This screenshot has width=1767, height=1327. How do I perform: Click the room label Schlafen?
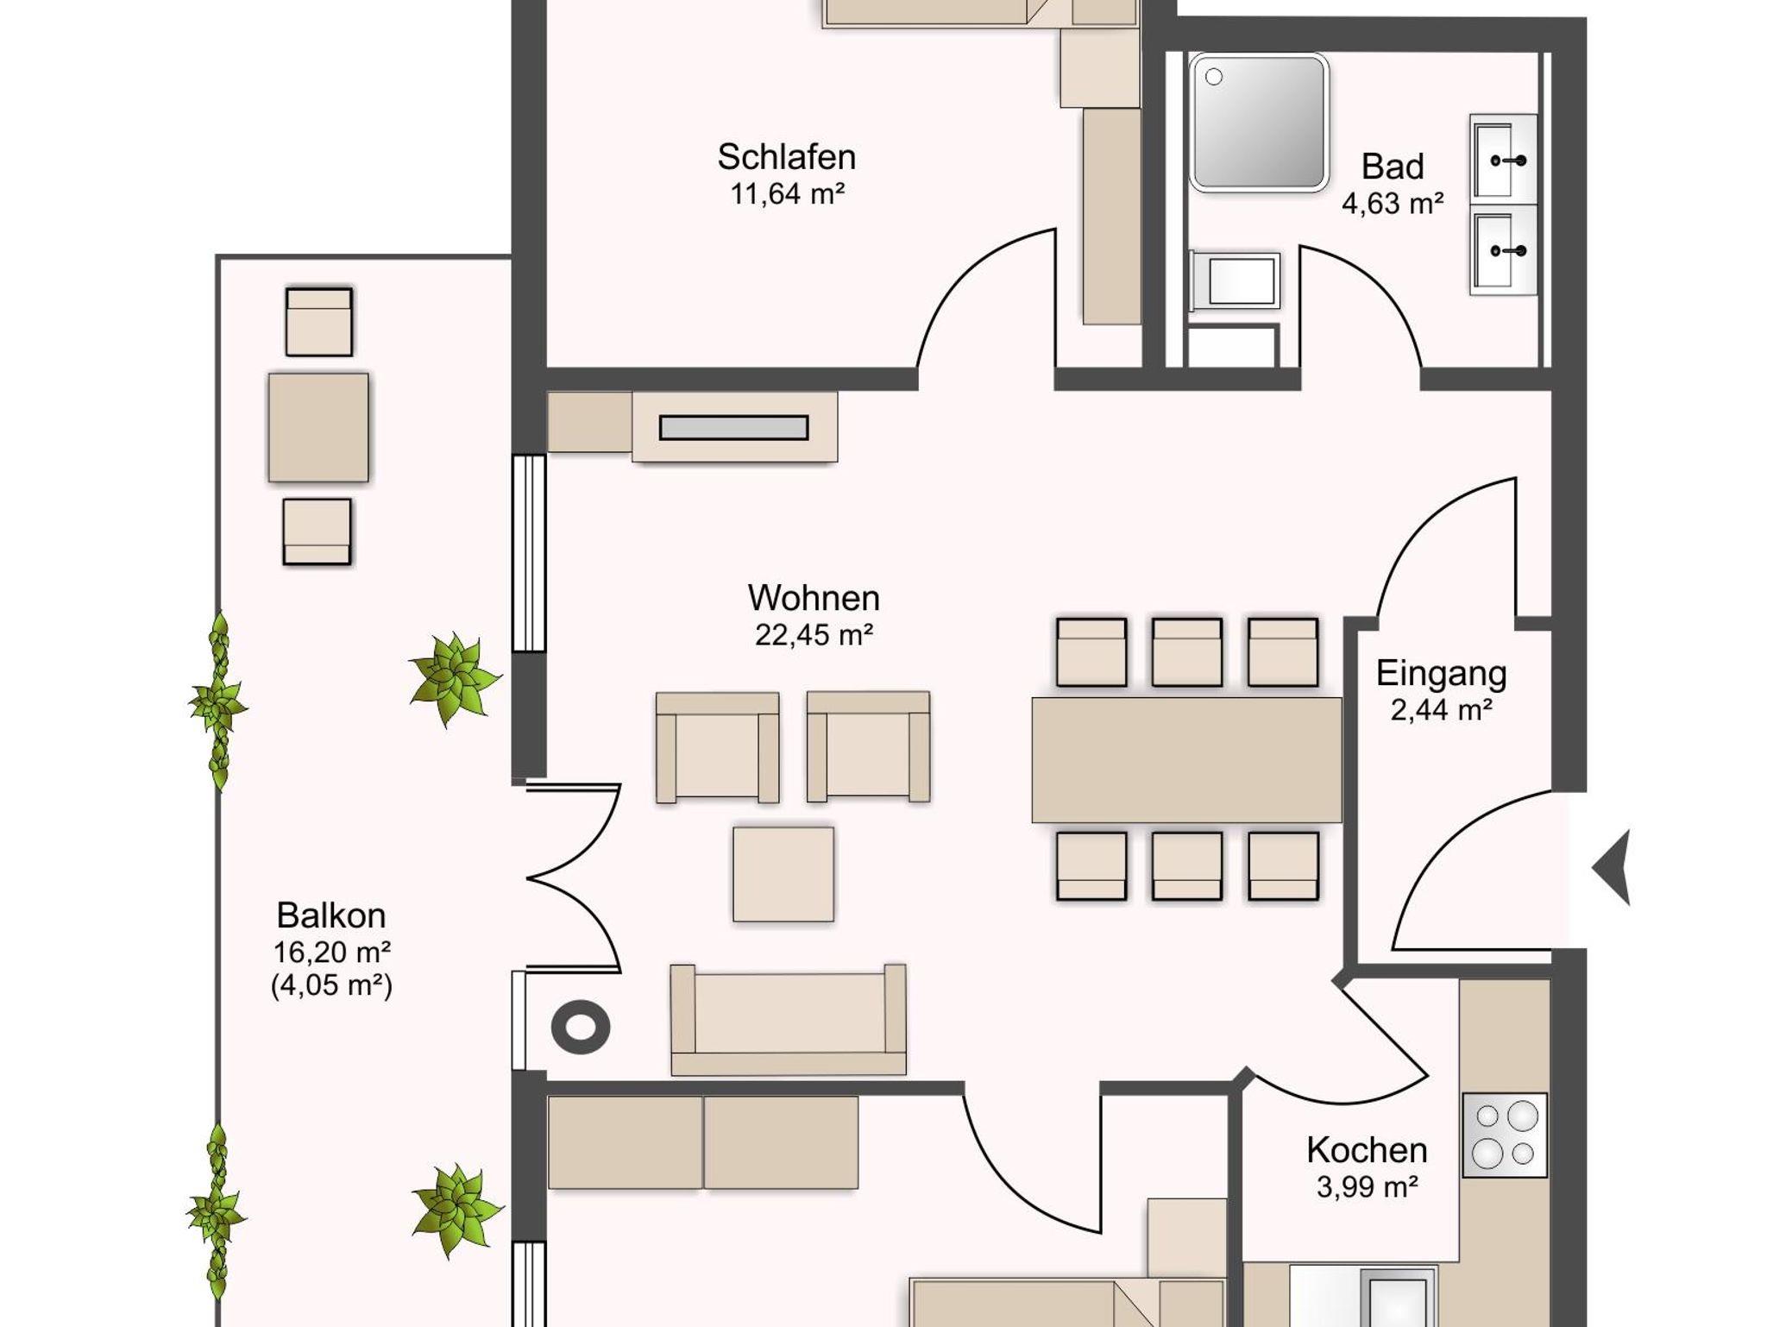pyautogui.click(x=786, y=157)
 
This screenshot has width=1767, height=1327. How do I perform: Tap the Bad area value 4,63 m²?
pyautogui.click(x=1393, y=204)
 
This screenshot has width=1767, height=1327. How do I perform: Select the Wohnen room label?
pyautogui.click(x=814, y=598)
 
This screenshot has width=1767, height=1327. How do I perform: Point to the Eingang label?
pyautogui.click(x=1441, y=674)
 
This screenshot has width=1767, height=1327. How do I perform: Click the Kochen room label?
pyautogui.click(x=1367, y=1150)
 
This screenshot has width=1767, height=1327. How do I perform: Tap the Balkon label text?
pyautogui.click(x=331, y=915)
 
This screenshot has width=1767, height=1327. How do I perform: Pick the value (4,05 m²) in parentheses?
pyautogui.click(x=331, y=985)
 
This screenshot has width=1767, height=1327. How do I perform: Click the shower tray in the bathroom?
pyautogui.click(x=1258, y=122)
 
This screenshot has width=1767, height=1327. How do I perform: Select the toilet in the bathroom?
pyautogui.click(x=1234, y=280)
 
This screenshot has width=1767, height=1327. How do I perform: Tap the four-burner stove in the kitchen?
pyautogui.click(x=1504, y=1135)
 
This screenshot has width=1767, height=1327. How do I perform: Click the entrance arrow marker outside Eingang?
pyautogui.click(x=1612, y=868)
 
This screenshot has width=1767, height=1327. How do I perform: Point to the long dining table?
pyautogui.click(x=1186, y=759)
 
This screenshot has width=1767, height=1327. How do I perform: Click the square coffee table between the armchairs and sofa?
pyautogui.click(x=783, y=874)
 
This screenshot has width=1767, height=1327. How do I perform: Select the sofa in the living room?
pyautogui.click(x=789, y=1020)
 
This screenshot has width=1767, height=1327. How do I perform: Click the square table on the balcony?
pyautogui.click(x=318, y=427)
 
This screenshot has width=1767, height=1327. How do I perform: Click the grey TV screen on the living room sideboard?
pyautogui.click(x=734, y=427)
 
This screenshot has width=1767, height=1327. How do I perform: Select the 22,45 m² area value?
pyautogui.click(x=814, y=635)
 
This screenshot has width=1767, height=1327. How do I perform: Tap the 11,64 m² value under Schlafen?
pyautogui.click(x=787, y=194)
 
